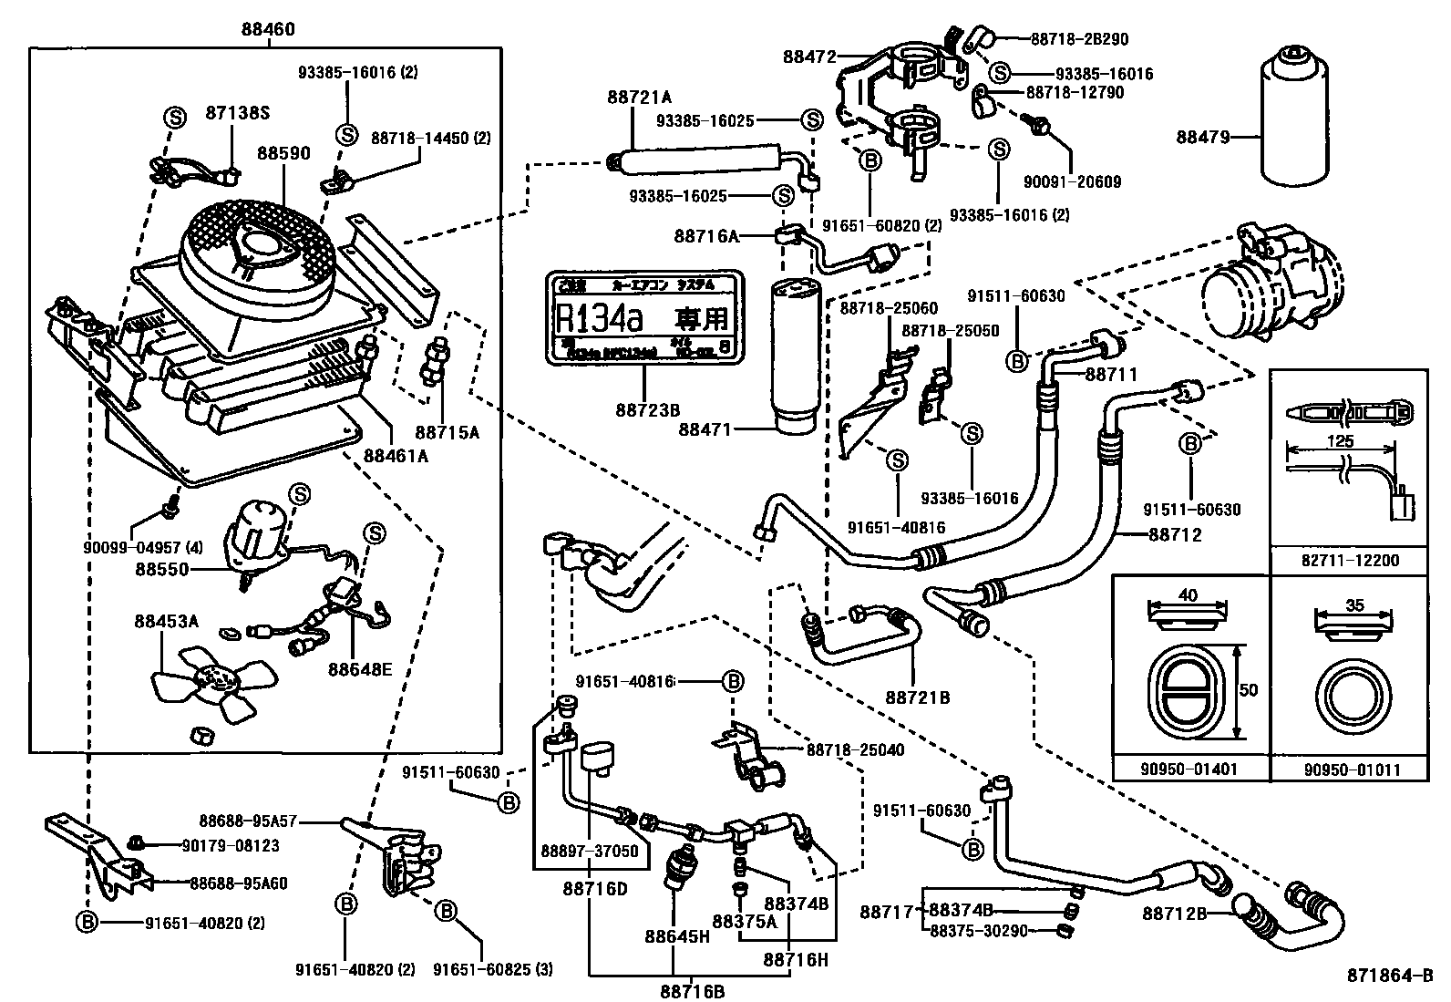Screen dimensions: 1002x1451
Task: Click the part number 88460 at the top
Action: coord(268,29)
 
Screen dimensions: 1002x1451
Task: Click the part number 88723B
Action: coord(647,410)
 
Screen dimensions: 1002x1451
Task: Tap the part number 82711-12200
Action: coord(1350,561)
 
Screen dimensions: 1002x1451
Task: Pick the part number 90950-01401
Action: coord(1189,769)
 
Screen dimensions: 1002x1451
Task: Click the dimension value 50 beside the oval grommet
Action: coord(1249,690)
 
